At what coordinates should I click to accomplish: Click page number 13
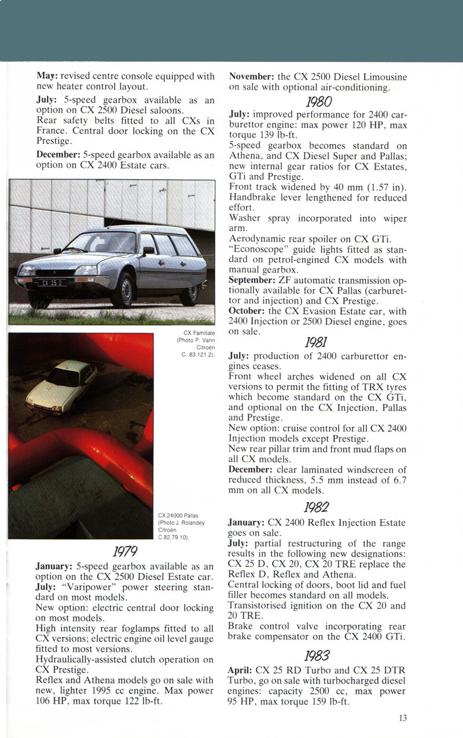pos(402,718)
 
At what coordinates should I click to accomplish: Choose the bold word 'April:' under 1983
pos(241,671)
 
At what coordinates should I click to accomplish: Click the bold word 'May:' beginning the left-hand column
pos(46,76)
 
